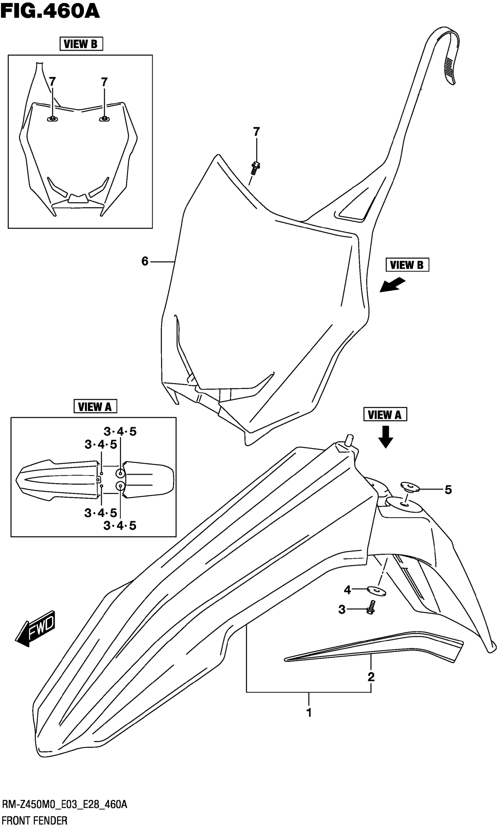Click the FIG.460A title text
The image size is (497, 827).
(50, 11)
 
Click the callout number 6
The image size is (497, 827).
(145, 261)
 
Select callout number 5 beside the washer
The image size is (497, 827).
(448, 490)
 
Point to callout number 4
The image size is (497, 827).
(347, 590)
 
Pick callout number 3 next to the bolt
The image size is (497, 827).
(341, 610)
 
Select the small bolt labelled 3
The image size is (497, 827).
(371, 608)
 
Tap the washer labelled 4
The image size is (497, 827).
(377, 591)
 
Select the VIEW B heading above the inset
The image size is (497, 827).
(81, 44)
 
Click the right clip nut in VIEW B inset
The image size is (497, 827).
(104, 118)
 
